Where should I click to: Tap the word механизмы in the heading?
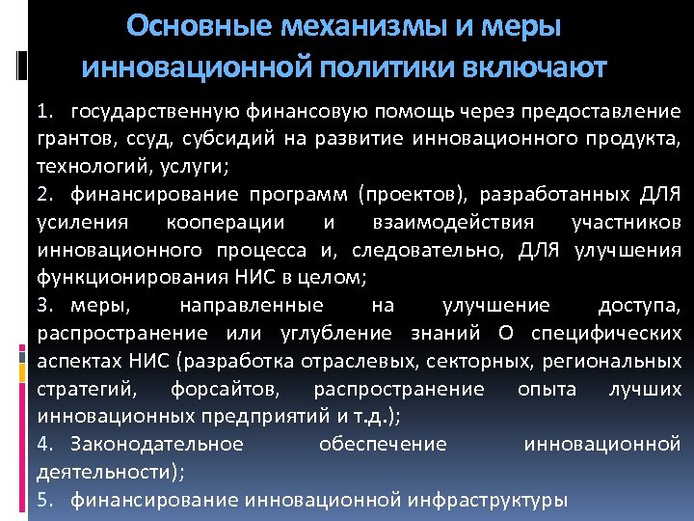click(x=346, y=25)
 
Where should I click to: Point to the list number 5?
click(x=44, y=500)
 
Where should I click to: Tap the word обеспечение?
click(x=382, y=445)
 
